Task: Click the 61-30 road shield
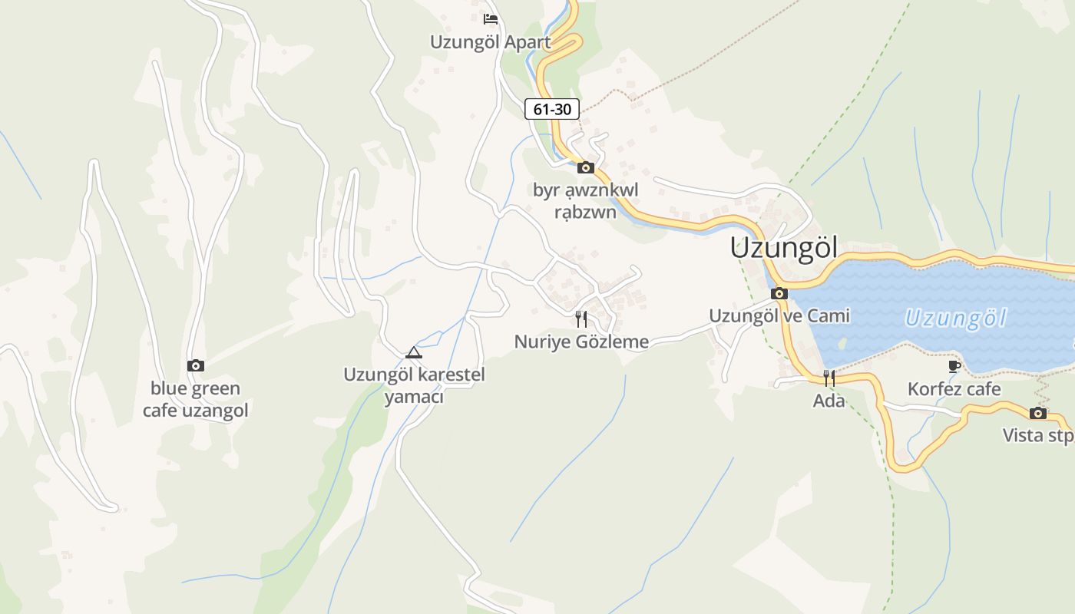click(552, 109)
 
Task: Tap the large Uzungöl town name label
click(783, 248)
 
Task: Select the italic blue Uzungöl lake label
click(954, 318)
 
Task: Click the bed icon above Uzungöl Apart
click(491, 19)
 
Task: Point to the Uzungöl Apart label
click(490, 42)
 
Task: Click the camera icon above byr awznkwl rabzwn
click(586, 167)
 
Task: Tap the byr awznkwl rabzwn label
click(586, 200)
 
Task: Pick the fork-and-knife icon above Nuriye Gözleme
click(581, 319)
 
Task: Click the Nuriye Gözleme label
click(581, 342)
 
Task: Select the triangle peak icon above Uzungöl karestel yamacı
click(414, 352)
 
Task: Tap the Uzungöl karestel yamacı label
click(414, 386)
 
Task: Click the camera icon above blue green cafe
click(196, 365)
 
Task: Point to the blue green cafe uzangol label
click(196, 399)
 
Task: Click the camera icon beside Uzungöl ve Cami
click(779, 293)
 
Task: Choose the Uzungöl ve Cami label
click(779, 315)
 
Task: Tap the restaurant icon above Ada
click(829, 378)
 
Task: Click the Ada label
click(829, 401)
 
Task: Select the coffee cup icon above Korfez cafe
click(954, 366)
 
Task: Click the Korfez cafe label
click(954, 389)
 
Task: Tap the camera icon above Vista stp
click(1038, 413)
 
